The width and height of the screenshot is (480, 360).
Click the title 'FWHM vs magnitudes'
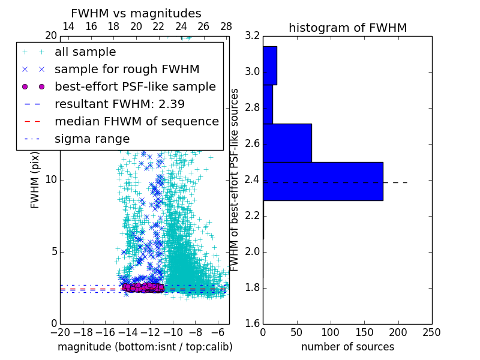[136, 13]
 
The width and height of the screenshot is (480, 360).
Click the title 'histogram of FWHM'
[347, 28]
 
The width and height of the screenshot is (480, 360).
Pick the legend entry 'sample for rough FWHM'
[127, 69]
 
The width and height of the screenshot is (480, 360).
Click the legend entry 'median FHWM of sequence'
[136, 121]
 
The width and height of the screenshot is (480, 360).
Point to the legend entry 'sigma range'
[92, 139]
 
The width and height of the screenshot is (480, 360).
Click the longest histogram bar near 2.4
[323, 181]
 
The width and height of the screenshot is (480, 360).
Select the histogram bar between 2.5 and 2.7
[287, 143]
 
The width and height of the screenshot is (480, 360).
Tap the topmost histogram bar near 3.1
[269, 65]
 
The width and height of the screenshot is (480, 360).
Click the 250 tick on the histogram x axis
[431, 332]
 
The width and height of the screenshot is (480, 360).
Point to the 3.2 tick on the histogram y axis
[253, 36]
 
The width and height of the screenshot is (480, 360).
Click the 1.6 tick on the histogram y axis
[253, 323]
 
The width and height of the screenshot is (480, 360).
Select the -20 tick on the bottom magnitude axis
[60, 332]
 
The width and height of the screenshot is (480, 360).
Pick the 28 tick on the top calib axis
[226, 27]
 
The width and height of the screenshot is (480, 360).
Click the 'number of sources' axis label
[347, 347]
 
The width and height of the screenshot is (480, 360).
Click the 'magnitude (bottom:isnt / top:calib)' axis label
[145, 347]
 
